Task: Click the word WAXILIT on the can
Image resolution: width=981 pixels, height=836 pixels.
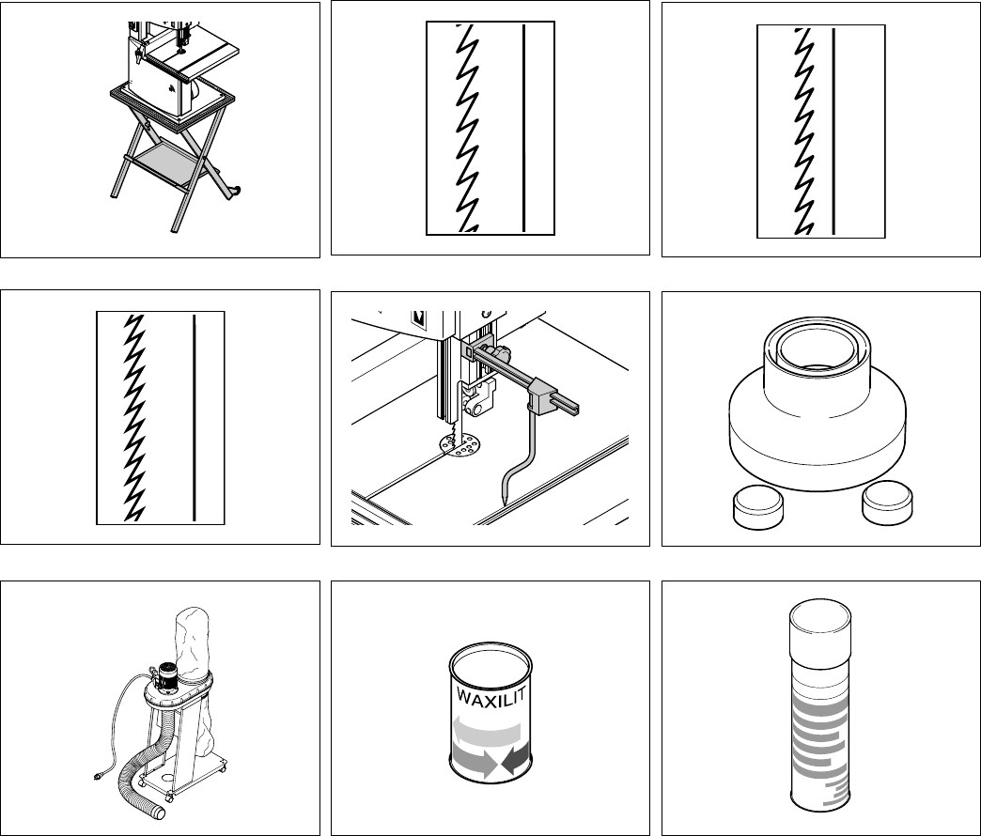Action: click(491, 694)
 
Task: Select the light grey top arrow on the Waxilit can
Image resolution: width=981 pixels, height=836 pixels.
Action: click(486, 731)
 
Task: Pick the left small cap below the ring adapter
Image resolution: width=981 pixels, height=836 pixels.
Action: click(757, 505)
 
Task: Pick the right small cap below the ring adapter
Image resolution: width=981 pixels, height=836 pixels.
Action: click(887, 503)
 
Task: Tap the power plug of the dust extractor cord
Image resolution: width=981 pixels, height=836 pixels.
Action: click(98, 776)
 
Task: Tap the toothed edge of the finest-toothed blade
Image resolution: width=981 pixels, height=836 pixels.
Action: click(134, 418)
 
